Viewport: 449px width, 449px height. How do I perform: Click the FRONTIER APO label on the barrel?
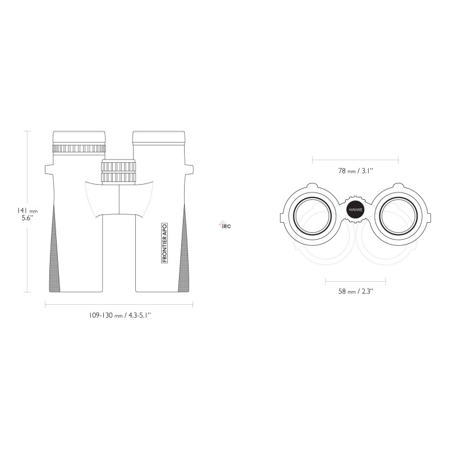point(164,243)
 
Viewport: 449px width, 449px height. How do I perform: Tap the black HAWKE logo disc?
point(355,209)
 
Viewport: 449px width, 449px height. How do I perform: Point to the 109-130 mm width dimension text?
point(120,315)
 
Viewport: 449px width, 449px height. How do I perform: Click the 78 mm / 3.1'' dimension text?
point(355,171)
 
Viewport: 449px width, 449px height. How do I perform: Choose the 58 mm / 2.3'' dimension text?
point(356,291)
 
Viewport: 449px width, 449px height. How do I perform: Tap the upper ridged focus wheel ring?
point(118,166)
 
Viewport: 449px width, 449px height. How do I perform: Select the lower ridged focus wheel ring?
point(118,177)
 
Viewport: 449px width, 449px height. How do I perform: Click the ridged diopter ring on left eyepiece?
point(79,149)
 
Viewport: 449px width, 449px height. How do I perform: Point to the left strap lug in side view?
point(49,169)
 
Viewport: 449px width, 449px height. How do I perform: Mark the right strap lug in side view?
point(189,169)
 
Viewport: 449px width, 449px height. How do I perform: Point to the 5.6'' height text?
point(28,218)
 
